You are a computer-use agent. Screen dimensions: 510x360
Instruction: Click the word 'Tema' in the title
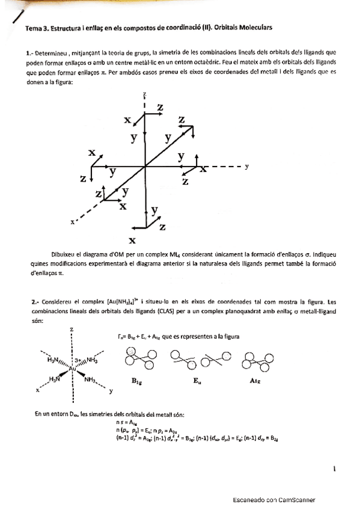click(x=32, y=28)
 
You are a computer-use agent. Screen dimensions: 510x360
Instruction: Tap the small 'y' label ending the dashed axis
click(x=247, y=167)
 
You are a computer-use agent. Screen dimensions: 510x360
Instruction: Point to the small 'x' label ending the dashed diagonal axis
click(x=72, y=222)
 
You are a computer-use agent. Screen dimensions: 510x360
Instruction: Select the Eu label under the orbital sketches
click(x=194, y=381)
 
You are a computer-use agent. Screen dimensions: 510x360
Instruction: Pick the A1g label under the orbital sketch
click(x=254, y=381)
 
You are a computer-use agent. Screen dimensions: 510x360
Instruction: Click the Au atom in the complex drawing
click(x=72, y=368)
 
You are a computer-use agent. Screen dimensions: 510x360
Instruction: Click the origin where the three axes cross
click(x=144, y=167)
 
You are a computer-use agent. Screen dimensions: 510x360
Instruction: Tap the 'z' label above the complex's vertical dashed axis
click(x=72, y=330)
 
